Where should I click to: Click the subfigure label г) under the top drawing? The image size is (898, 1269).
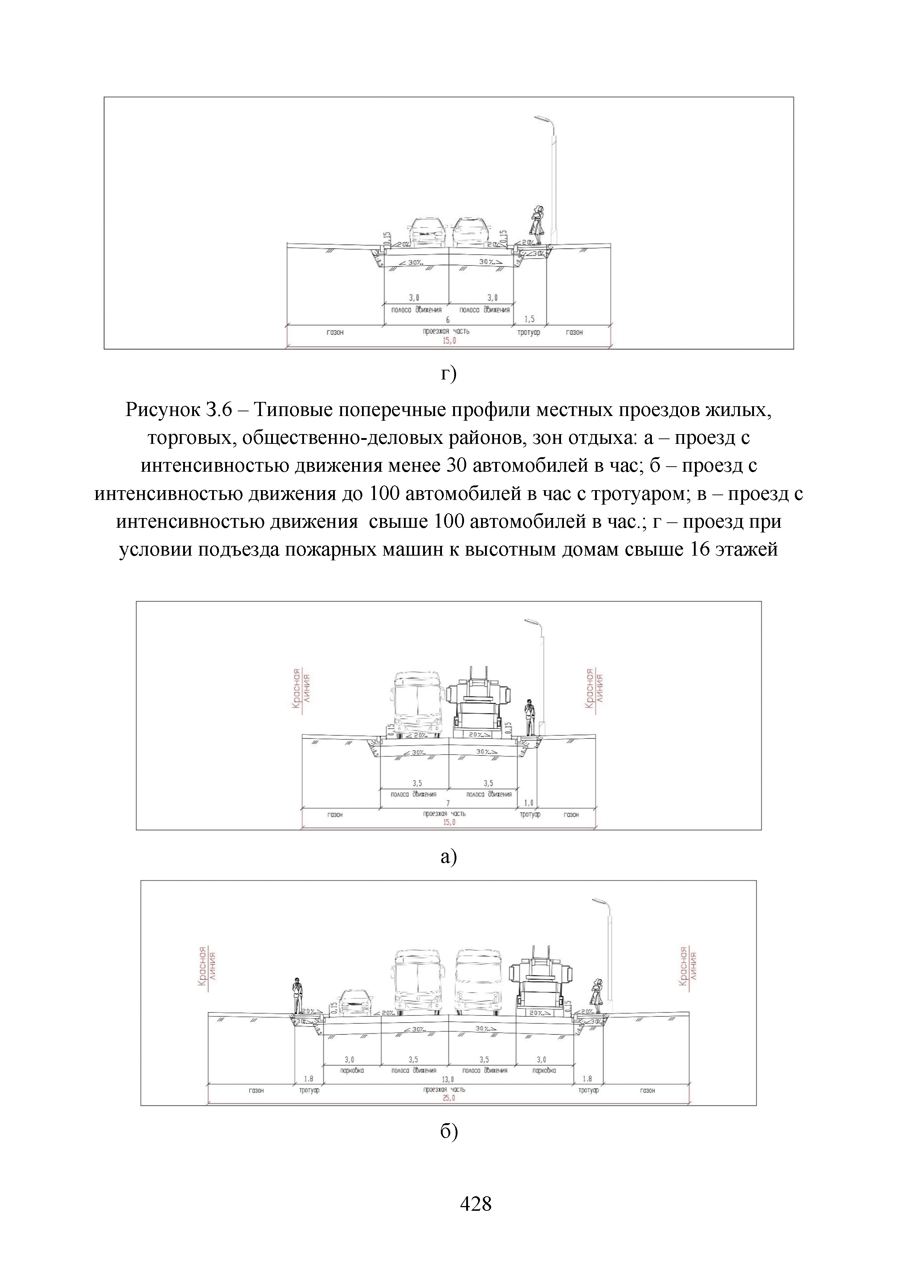[x=448, y=374]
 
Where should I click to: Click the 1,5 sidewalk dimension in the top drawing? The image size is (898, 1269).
[x=529, y=319]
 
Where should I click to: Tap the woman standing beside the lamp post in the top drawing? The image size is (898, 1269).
[x=536, y=224]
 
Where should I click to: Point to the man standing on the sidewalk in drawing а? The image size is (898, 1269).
[x=530, y=717]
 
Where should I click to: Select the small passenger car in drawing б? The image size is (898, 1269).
[x=355, y=1003]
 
